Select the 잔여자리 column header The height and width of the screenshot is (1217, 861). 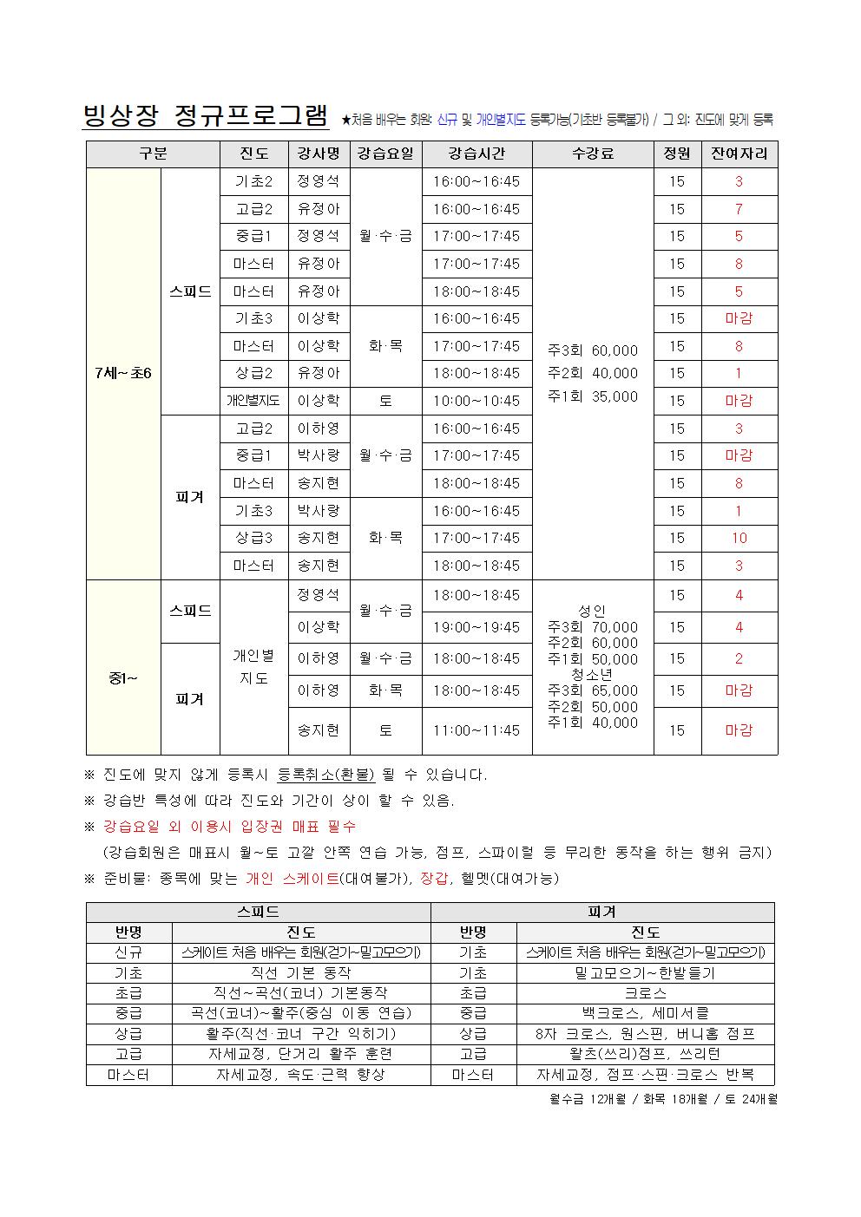[739, 154]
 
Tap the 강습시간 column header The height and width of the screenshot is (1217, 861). [477, 154]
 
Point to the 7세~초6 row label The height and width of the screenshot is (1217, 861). [123, 374]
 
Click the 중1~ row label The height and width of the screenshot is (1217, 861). [123, 677]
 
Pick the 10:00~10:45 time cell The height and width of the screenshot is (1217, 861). [477, 401]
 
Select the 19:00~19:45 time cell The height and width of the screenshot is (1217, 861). [477, 627]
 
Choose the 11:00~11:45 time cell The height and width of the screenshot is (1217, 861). [477, 730]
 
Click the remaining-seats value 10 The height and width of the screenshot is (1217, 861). [739, 538]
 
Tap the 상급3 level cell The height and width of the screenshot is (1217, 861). [253, 538]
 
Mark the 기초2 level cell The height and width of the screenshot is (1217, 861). [253, 181]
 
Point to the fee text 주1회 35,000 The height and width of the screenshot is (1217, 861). [593, 396]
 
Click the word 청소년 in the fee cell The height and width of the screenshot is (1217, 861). [593, 675]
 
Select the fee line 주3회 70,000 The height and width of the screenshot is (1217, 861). [593, 627]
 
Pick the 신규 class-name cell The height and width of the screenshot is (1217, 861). [128, 952]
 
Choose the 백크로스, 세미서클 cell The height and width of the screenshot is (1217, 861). [645, 1013]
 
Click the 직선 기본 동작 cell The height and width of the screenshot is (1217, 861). [301, 973]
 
